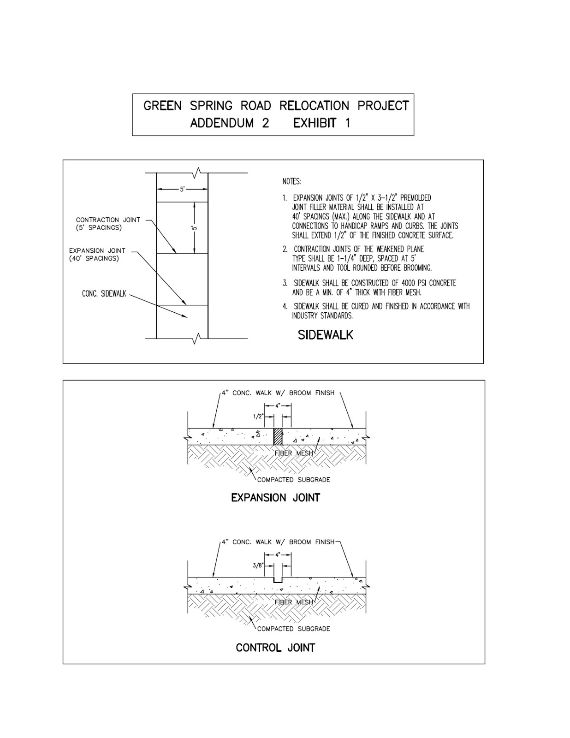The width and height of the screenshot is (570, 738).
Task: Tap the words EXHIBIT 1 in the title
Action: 321,124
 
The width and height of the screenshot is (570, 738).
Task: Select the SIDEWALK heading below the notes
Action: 325,335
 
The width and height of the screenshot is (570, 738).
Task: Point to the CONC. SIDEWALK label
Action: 104,294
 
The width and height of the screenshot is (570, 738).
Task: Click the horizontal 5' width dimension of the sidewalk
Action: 182,189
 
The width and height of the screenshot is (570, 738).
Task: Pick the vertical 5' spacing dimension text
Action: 195,228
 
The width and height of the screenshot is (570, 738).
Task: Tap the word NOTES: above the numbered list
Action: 291,182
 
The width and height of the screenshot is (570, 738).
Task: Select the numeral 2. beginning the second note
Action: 285,249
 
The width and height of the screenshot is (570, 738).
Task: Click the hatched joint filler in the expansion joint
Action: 277,437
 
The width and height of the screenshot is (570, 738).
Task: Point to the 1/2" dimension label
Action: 258,416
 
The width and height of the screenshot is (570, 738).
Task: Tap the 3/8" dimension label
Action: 258,565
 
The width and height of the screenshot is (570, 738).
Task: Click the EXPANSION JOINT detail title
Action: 275,498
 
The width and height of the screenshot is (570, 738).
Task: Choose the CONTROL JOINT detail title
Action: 275,648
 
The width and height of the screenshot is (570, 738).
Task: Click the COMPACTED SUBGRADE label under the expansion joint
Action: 293,480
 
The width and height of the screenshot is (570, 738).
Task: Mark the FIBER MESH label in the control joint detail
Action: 294,602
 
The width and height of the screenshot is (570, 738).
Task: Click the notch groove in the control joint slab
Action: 277,580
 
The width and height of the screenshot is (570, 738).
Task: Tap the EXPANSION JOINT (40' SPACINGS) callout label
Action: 97,254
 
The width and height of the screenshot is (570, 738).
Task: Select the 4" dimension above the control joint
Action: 278,555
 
